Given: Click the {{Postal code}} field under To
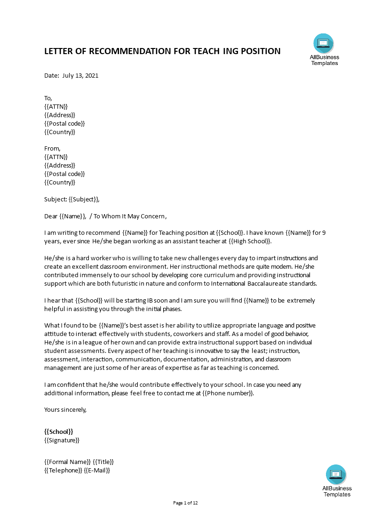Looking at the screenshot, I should click(x=64, y=123).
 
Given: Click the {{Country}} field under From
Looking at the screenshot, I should click(x=60, y=182).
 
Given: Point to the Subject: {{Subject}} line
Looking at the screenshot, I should click(x=72, y=199).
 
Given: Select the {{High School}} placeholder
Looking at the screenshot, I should click(x=249, y=241).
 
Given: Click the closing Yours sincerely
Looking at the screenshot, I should click(x=65, y=409).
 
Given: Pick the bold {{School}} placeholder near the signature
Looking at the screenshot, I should click(x=59, y=432).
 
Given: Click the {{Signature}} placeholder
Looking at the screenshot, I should click(x=62, y=440).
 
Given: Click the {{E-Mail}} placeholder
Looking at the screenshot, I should click(x=97, y=470).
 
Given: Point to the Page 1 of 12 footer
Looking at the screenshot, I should click(x=186, y=503).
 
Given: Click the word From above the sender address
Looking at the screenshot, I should click(x=52, y=148).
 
